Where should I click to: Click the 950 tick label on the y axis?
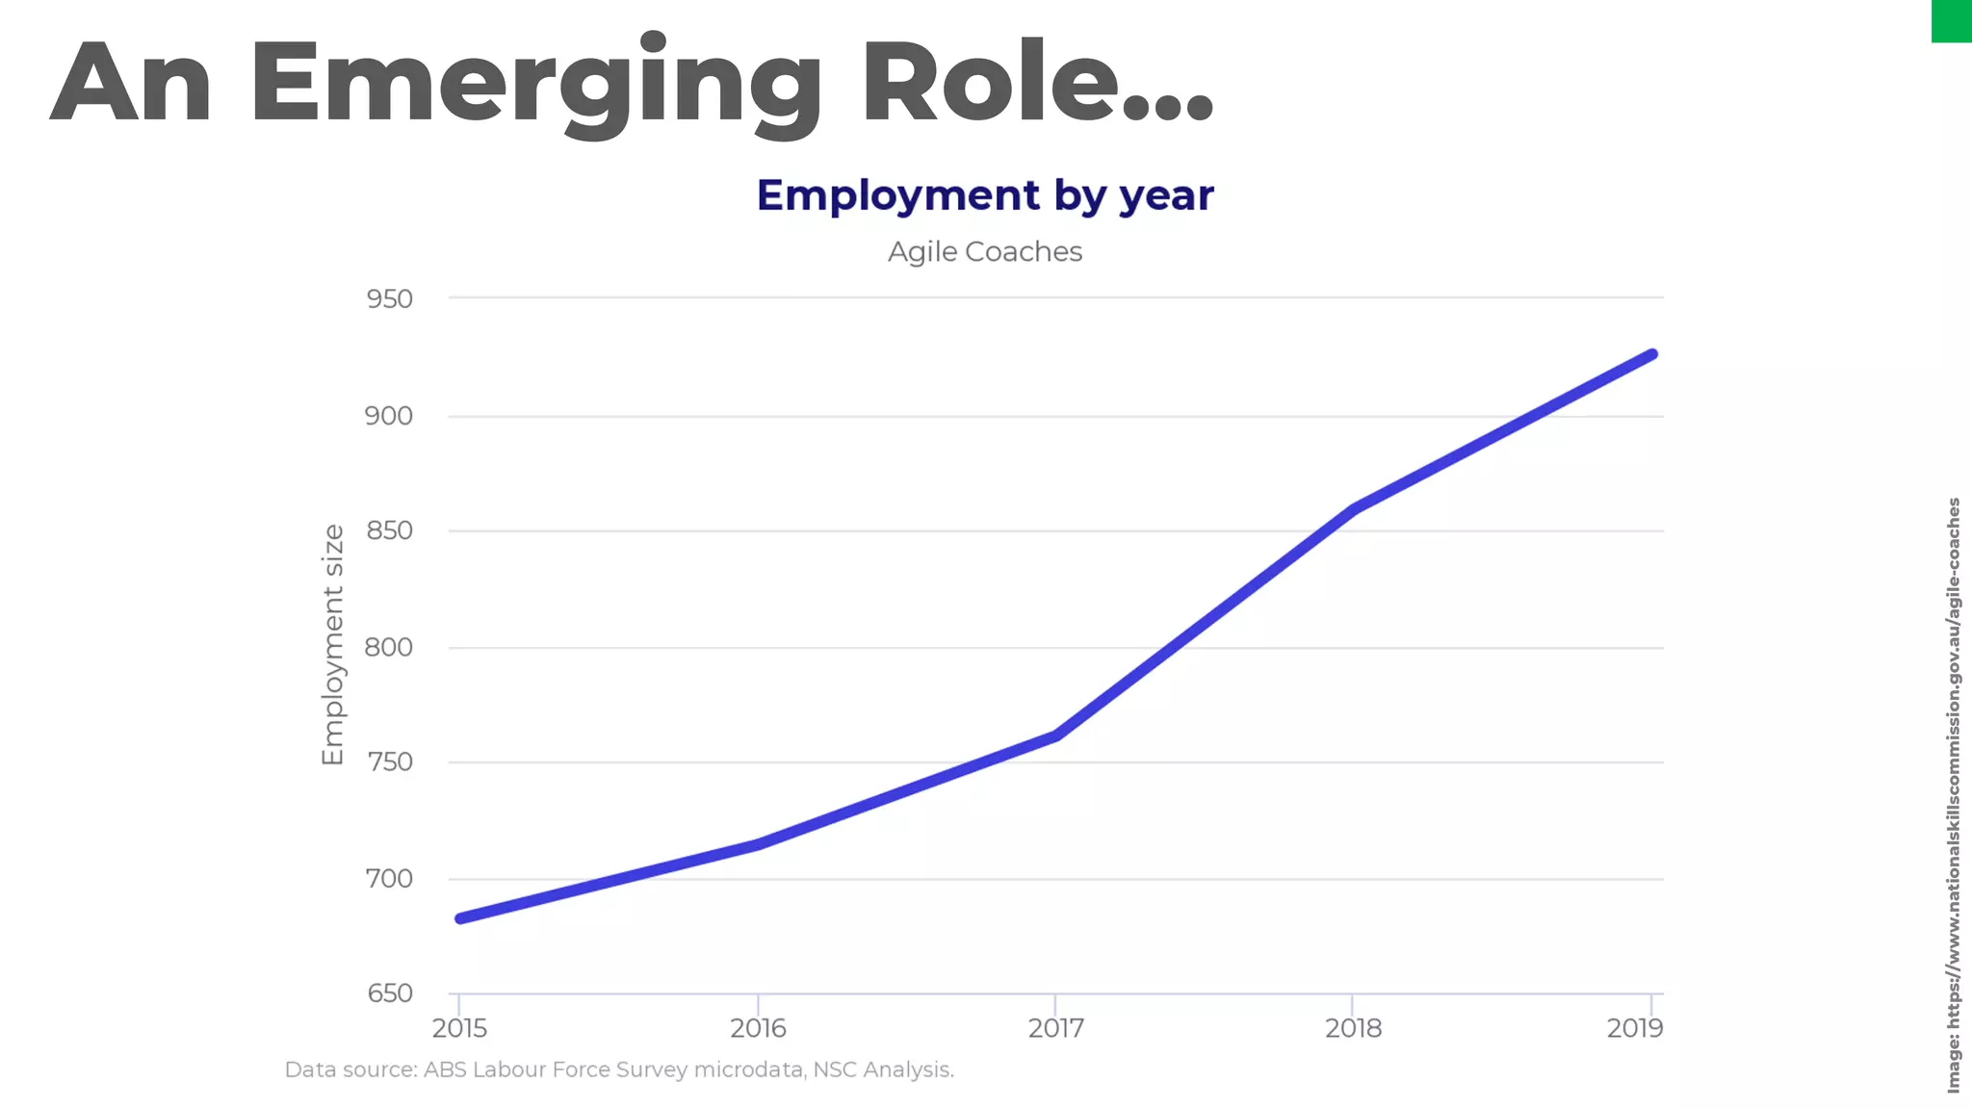pos(389,299)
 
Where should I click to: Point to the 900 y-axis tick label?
pos(389,416)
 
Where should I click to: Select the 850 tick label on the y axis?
pos(389,530)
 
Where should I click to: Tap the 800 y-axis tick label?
pos(389,647)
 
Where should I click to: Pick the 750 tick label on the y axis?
pos(389,761)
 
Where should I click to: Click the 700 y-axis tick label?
pos(389,878)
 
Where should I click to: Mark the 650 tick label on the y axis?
pos(389,993)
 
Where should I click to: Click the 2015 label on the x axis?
pos(459,1028)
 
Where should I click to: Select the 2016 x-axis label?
pos(758,1028)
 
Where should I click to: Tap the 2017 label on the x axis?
pos(1055,1028)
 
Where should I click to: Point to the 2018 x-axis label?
pos(1353,1028)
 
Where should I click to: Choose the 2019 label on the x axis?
pos(1635,1028)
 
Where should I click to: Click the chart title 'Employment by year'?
pos(984,195)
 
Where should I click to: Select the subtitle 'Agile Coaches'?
pos(984,252)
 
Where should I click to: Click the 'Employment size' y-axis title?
pos(332,645)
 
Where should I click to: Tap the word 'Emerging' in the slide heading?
pos(535,85)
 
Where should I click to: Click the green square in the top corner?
pos(1952,20)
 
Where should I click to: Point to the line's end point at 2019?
pos(1652,354)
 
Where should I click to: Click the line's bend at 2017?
pos(1056,735)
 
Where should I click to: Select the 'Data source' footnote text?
pos(619,1070)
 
